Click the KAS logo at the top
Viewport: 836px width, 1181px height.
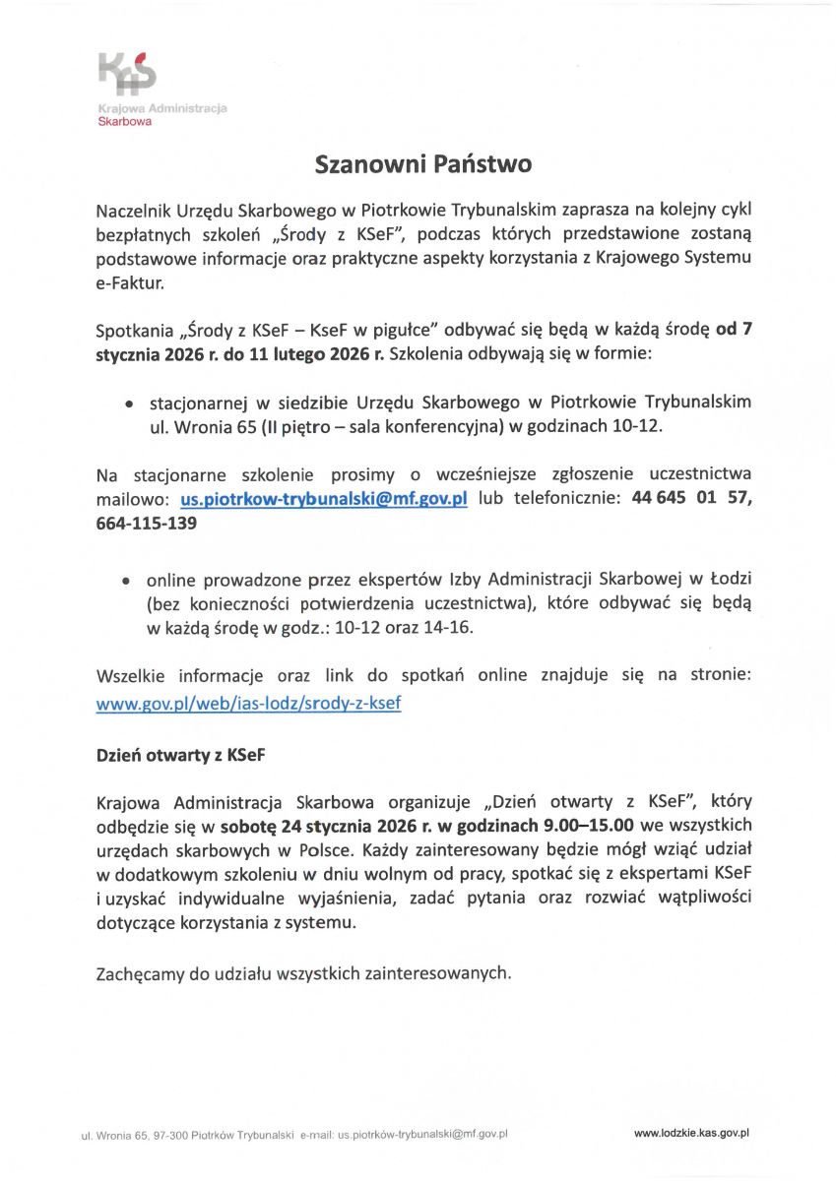[x=127, y=74]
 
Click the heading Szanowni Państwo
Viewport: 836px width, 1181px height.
[x=422, y=163]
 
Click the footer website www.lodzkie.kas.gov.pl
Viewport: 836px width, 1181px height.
[x=691, y=1133]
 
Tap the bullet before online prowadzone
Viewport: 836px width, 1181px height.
[x=127, y=581]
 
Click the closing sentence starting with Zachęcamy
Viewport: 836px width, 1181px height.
[x=304, y=974]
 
